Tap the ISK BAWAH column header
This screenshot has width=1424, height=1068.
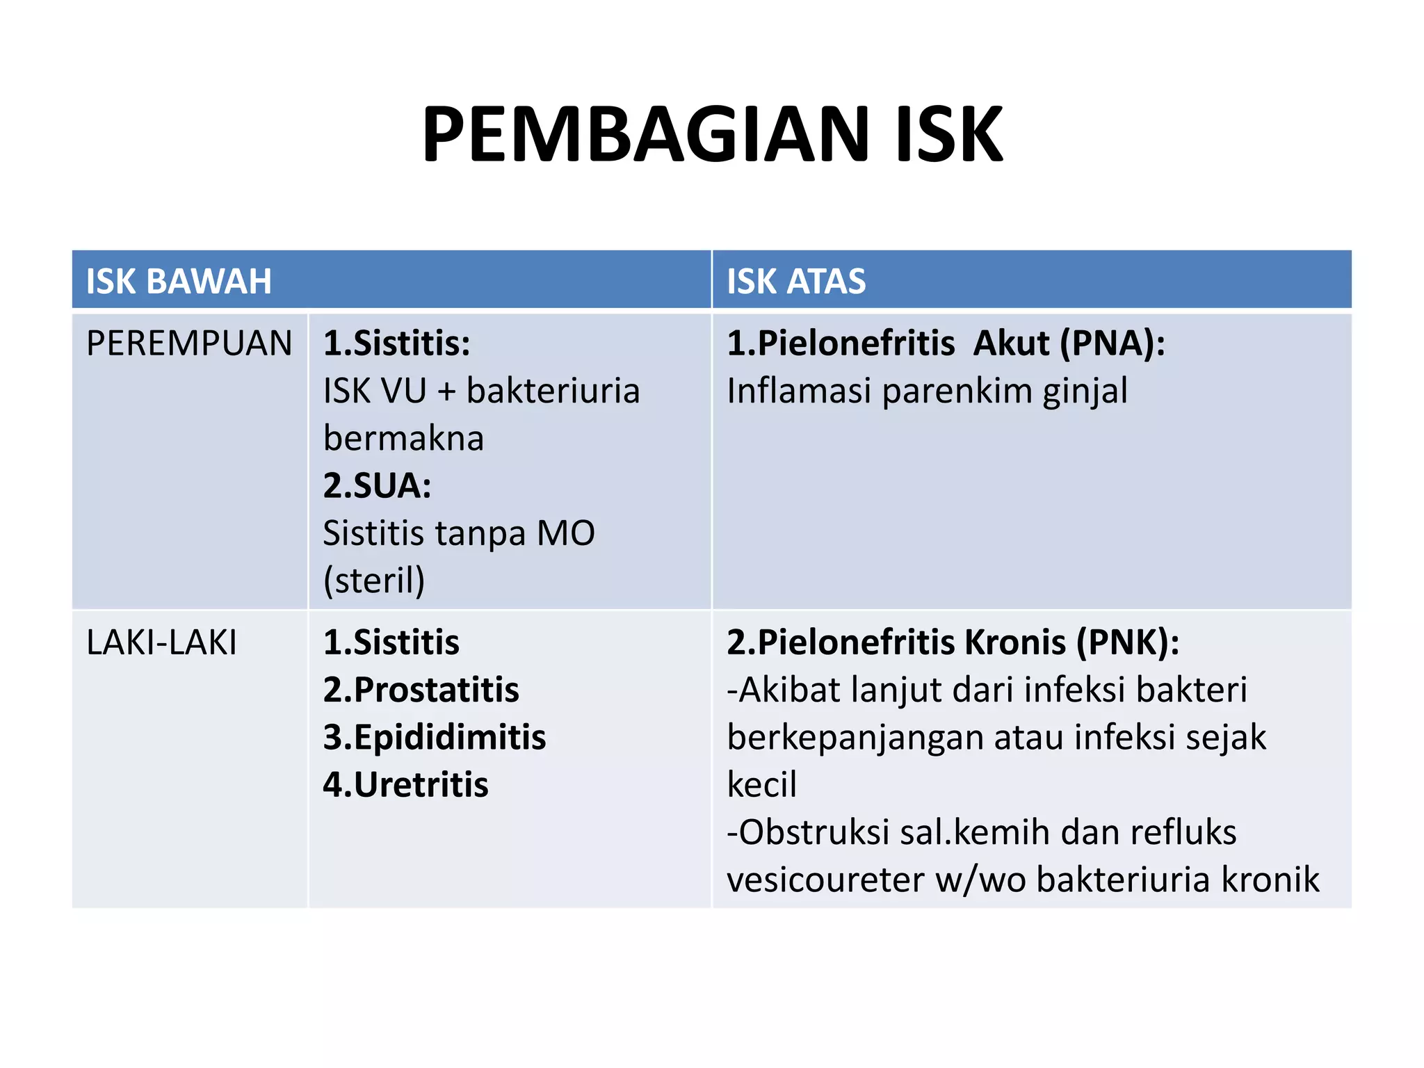(x=179, y=282)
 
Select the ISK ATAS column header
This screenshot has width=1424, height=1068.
(x=796, y=282)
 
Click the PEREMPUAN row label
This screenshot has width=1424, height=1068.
(x=189, y=343)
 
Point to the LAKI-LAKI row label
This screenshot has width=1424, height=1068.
(x=161, y=642)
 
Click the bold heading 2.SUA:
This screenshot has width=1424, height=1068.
(x=377, y=485)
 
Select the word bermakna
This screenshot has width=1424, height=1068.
(x=403, y=438)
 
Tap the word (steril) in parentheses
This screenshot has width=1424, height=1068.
(x=374, y=580)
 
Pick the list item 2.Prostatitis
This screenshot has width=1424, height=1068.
(x=421, y=690)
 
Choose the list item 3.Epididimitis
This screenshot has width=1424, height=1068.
(x=435, y=737)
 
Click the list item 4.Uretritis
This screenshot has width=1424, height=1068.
(x=405, y=784)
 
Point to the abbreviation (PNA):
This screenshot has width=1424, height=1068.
(x=1112, y=343)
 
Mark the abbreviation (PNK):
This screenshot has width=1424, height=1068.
(x=1128, y=642)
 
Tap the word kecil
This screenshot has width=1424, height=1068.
(x=761, y=784)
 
